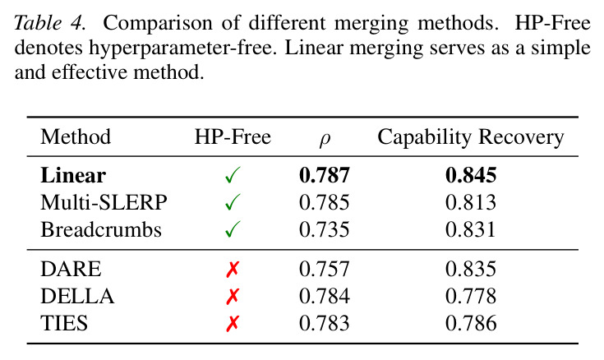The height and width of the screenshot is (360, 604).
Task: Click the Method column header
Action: click(76, 136)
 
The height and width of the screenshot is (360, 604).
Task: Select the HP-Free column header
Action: click(233, 136)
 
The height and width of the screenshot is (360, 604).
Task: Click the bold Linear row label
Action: click(73, 175)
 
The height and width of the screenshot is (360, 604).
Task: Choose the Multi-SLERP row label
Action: click(104, 202)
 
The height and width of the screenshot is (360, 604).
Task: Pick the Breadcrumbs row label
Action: click(101, 229)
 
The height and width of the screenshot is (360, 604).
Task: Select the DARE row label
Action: click(71, 269)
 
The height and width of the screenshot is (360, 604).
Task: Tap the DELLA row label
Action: click(77, 297)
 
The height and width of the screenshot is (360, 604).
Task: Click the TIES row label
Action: click(64, 323)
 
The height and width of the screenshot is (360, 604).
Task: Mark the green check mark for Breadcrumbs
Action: click(233, 229)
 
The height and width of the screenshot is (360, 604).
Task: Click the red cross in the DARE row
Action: click(233, 269)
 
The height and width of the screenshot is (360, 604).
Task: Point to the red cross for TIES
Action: click(233, 323)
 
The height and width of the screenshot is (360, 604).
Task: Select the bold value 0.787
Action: click(325, 175)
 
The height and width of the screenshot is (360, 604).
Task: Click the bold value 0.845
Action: click(471, 175)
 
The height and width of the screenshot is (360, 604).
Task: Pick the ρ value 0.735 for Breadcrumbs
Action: click(325, 229)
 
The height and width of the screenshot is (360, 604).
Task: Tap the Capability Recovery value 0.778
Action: click(471, 297)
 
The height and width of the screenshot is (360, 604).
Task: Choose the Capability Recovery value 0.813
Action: click(471, 202)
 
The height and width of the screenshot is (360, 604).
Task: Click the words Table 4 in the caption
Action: click(49, 23)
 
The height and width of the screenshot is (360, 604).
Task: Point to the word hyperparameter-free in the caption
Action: click(183, 48)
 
